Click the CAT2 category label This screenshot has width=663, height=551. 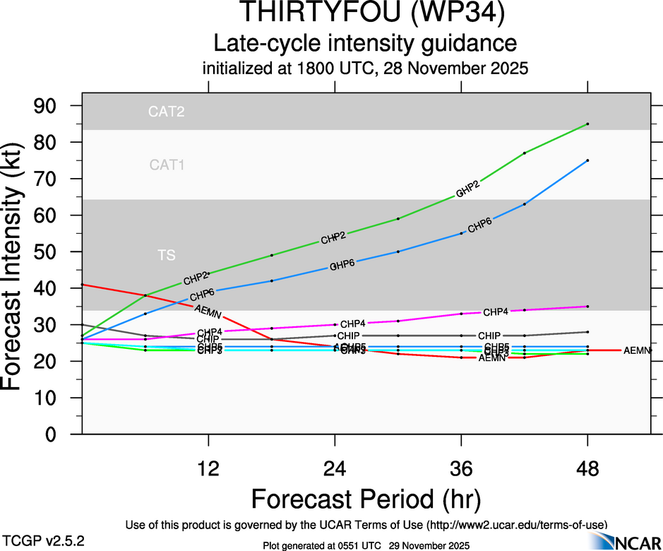click(x=167, y=112)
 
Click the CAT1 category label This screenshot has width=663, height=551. click(x=167, y=165)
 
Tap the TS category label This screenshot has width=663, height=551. click(x=167, y=255)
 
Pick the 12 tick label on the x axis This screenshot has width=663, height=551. click(x=208, y=468)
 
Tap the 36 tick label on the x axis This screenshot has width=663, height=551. click(x=461, y=468)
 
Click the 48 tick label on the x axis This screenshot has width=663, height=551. click(x=587, y=468)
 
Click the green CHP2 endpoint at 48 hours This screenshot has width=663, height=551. click(x=587, y=124)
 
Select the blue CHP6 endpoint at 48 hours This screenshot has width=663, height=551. click(x=587, y=160)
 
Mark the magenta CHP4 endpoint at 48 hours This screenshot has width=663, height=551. click(x=587, y=307)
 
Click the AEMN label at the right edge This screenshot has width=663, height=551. click(x=637, y=350)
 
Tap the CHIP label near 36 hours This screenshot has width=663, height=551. click(x=489, y=336)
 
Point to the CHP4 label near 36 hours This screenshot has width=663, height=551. click(x=496, y=312)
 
